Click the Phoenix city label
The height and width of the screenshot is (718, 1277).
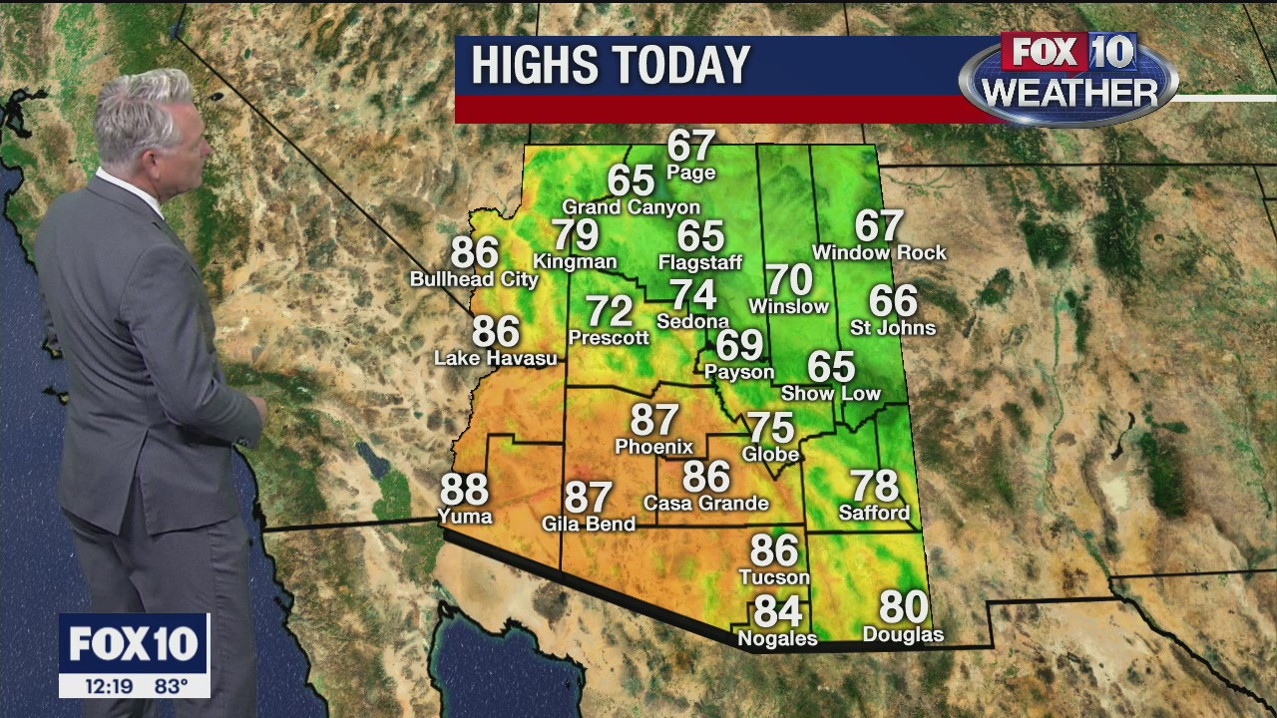[x=653, y=447]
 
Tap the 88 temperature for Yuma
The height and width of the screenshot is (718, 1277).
[x=464, y=491]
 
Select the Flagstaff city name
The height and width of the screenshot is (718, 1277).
[x=700, y=263]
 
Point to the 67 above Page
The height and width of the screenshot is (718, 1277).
[x=691, y=146]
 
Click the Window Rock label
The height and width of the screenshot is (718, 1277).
[x=879, y=253]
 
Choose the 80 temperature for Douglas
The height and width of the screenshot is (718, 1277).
[x=903, y=607]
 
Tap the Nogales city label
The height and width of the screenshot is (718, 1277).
[x=777, y=639]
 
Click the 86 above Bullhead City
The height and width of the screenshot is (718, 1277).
[x=475, y=252]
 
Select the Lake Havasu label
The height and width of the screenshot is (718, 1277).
[x=495, y=358]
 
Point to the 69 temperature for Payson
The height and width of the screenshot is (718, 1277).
[x=739, y=346]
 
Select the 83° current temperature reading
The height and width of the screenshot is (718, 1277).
[x=171, y=686]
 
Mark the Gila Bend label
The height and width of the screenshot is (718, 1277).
[x=588, y=524]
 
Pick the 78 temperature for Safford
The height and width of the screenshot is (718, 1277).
[x=874, y=487]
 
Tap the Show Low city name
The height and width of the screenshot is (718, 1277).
[x=830, y=394]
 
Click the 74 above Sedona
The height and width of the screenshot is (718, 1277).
[x=692, y=295]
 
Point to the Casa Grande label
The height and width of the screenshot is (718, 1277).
[x=705, y=504]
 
